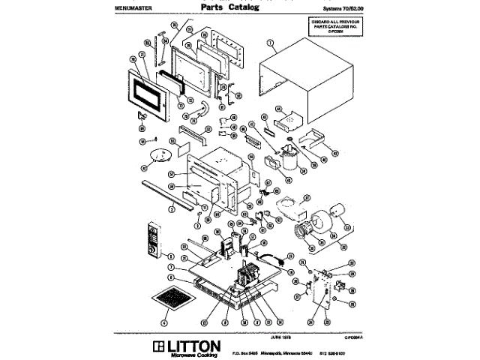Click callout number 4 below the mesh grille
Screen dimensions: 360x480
click(x=163, y=323)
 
